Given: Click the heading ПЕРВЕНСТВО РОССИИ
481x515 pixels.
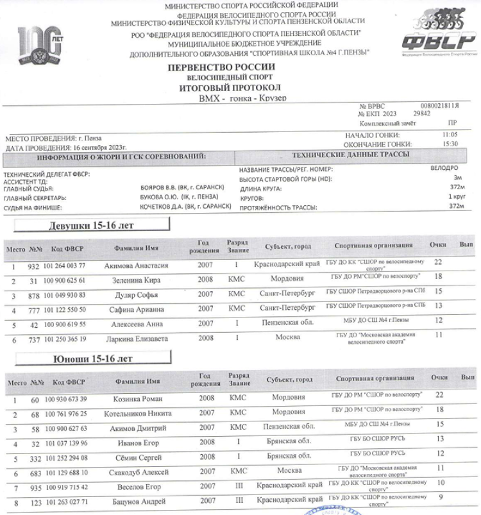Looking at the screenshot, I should [221, 67].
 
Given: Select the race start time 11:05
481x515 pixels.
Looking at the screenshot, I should [450, 135].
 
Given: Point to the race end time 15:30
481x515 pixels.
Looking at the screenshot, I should [450, 144].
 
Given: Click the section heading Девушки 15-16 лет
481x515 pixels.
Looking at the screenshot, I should [91, 225].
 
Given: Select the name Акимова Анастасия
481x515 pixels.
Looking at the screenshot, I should [136, 266].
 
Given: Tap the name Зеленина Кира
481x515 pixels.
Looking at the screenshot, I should [136, 280].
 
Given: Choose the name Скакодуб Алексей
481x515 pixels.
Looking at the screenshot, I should [136, 473].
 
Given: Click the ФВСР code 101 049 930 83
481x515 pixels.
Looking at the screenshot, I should [65, 295].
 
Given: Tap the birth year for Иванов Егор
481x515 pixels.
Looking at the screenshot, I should [207, 443].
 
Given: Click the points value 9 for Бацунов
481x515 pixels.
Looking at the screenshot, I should [440, 496].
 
